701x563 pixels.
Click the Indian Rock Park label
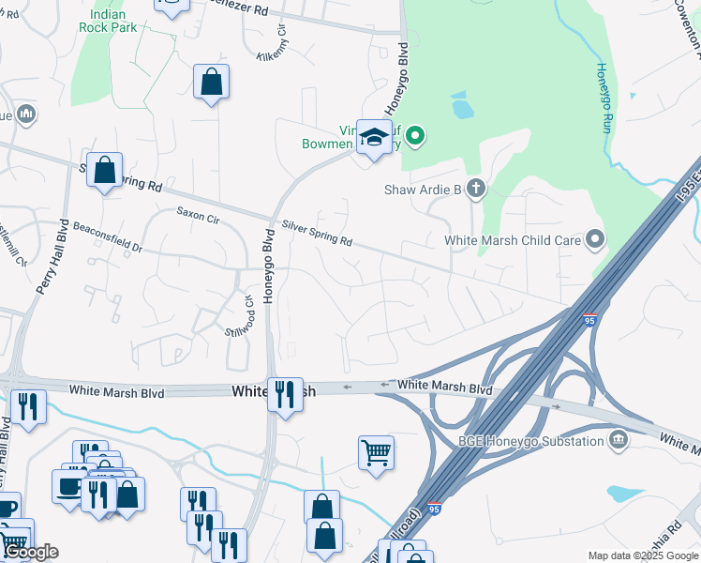[114, 21]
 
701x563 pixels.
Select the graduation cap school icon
[374, 138]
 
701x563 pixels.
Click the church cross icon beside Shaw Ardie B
[475, 190]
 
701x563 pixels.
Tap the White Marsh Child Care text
[513, 240]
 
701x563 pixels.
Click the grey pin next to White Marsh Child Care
[595, 240]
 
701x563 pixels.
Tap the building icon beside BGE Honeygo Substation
[618, 439]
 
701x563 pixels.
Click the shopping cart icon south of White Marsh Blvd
[376, 452]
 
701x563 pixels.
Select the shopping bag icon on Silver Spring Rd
[105, 170]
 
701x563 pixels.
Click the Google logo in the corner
[30, 552]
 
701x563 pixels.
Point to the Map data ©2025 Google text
[642, 555]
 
